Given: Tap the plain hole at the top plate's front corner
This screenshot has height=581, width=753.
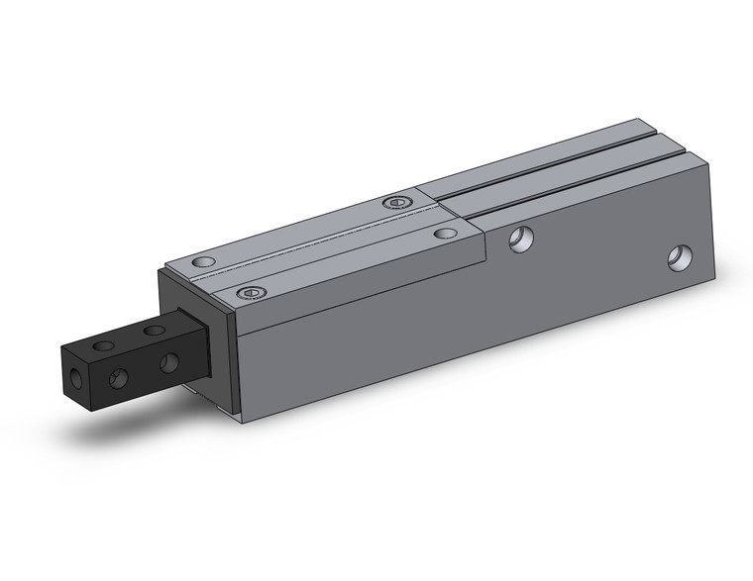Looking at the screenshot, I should click(x=203, y=263).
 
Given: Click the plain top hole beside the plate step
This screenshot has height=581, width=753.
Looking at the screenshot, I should click(x=446, y=235).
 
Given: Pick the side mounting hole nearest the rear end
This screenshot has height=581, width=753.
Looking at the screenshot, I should click(x=680, y=258).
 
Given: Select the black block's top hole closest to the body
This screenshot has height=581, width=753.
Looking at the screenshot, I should click(x=154, y=330).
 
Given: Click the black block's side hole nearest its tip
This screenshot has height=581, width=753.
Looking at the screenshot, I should click(x=118, y=376).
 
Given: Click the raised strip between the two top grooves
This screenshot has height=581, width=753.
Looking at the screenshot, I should click(x=555, y=173).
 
